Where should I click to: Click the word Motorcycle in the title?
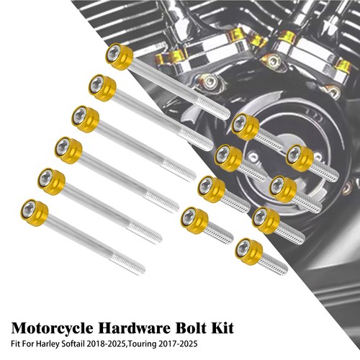pyautogui.click(x=52, y=328)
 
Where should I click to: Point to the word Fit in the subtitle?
pyautogui.click(x=15, y=343)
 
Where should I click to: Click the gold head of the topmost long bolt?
pyautogui.click(x=120, y=57)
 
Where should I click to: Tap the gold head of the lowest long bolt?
pyautogui.click(x=35, y=213)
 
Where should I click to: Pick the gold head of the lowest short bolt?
pyautogui.click(x=249, y=252)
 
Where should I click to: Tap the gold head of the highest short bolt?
pyautogui.click(x=246, y=127)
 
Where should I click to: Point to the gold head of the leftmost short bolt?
pyautogui.click(x=194, y=220)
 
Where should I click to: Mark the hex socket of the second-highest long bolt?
pyautogui.click(x=97, y=84)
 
